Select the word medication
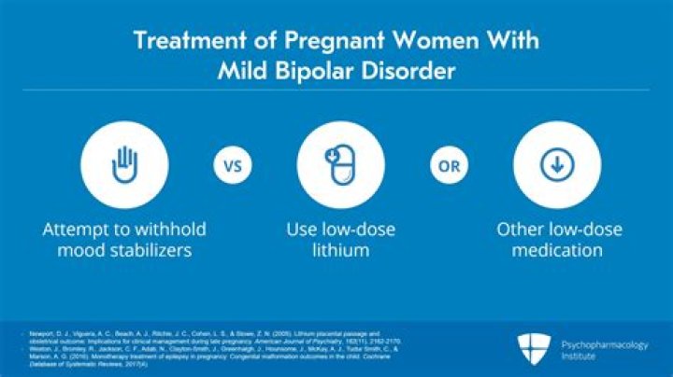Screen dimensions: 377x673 559,250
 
